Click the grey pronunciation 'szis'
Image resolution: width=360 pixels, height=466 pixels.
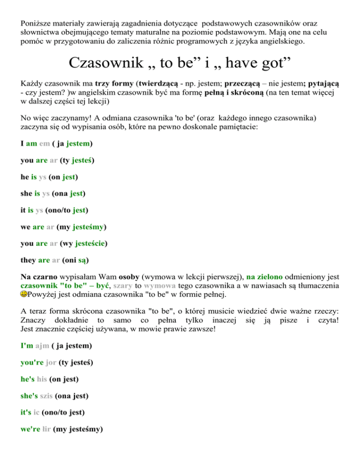[x=44, y=396]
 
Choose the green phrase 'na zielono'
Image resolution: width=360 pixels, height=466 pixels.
[x=266, y=276]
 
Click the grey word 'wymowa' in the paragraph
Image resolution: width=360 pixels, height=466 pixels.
[x=160, y=285]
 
